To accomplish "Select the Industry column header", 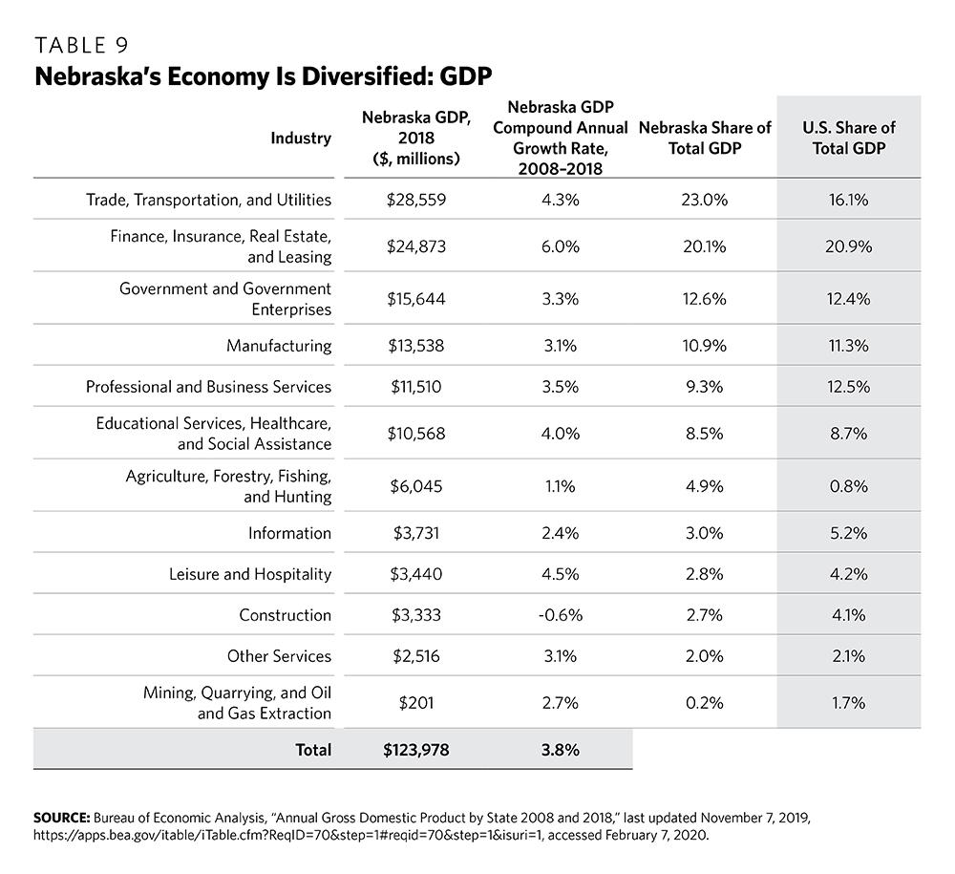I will pos(300,138).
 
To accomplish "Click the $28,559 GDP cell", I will pos(416,200).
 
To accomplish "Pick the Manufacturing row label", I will pos(279,345).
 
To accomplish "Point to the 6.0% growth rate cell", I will pos(561,245).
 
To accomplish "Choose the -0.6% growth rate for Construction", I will pos(561,614).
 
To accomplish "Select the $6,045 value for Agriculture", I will pos(416,486).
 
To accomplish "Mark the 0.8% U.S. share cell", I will pos(848,486).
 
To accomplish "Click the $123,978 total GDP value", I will pos(416,749).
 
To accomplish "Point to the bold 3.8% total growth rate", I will pos(561,749).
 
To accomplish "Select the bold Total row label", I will pos(312,749).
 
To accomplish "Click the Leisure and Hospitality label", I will pos(250,573).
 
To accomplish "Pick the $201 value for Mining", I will pos(416,703).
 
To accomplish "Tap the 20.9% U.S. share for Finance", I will pos(848,245).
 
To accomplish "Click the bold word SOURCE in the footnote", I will pos(61,818).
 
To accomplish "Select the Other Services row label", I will pos(279,655).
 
